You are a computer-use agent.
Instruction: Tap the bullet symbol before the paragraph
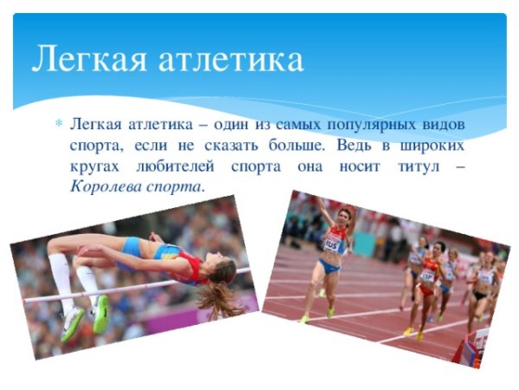pyautogui.click(x=58, y=123)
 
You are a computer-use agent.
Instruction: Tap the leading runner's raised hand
pyautogui.click(x=317, y=203)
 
